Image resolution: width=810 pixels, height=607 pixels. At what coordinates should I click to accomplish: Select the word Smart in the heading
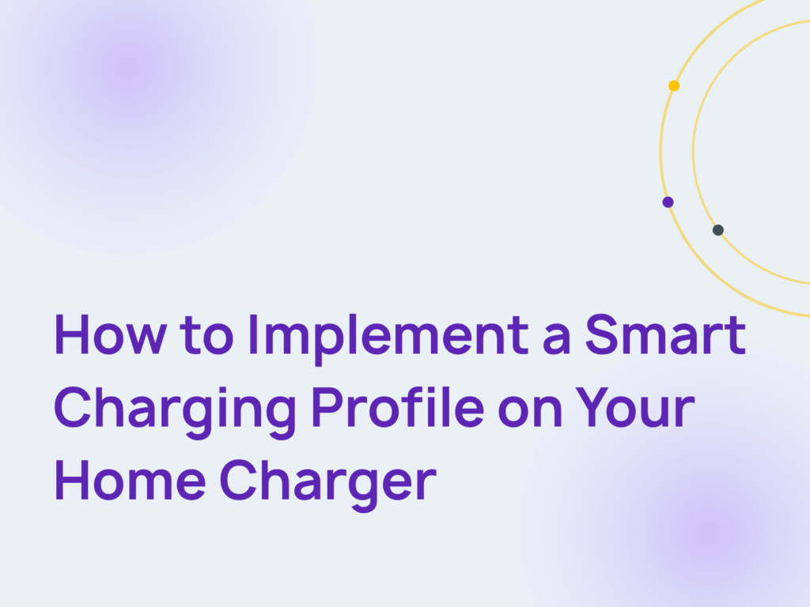pos(665,335)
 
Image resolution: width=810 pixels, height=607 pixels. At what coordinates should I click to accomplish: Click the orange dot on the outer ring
pos(674,85)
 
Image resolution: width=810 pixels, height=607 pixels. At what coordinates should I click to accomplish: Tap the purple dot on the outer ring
pos(668,202)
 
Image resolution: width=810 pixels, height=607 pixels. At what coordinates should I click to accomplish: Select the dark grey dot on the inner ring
pos(717,230)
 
